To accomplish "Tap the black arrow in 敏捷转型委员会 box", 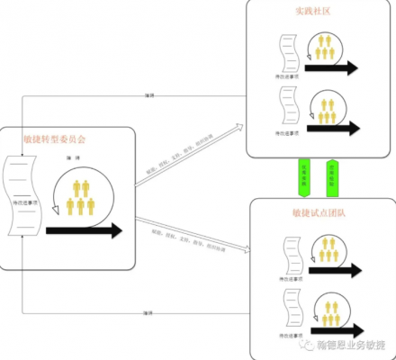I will pyautogui.click(x=83, y=230).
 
